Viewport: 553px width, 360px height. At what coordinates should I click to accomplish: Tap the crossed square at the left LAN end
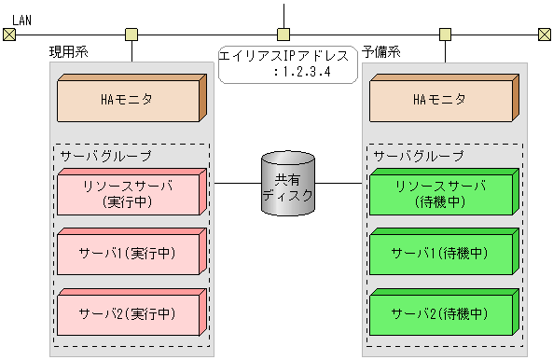8,35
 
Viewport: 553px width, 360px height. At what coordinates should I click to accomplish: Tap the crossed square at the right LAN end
545,35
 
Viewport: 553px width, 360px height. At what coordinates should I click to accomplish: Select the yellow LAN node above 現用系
131,35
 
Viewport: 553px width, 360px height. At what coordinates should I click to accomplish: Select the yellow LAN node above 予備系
445,35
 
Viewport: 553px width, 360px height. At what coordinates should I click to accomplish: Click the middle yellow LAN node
287,35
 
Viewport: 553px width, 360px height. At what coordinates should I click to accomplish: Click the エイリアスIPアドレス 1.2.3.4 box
287,63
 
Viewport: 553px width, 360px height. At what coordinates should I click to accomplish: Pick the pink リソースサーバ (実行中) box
128,193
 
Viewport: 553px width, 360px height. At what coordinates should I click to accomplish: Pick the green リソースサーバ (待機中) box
441,193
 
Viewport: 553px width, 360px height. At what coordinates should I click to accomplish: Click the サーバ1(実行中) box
128,254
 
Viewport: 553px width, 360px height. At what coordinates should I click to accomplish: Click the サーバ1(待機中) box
441,254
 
